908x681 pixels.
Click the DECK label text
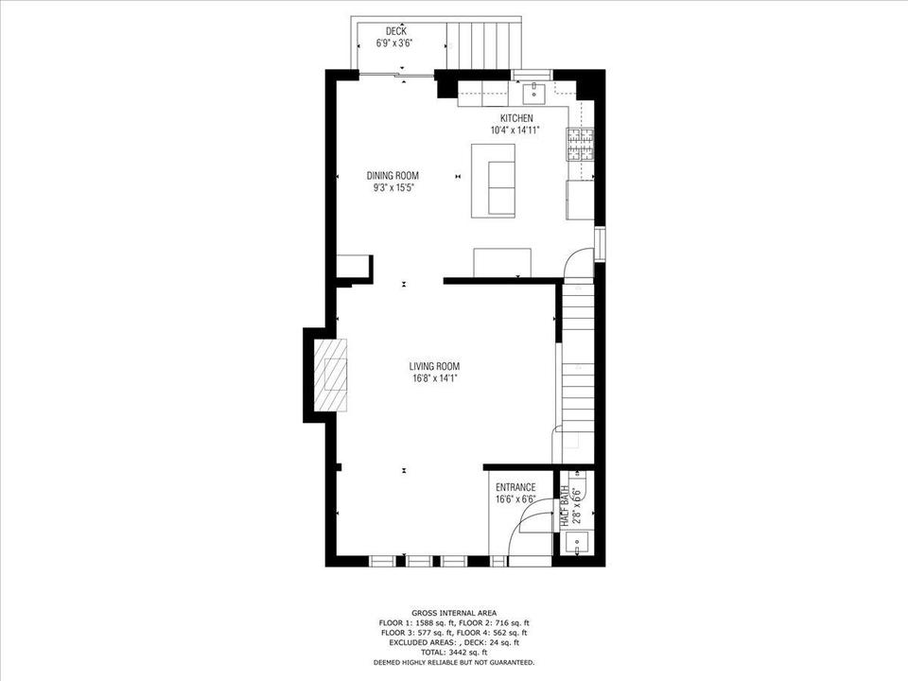(395, 32)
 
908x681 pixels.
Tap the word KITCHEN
(516, 118)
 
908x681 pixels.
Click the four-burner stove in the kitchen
(580, 144)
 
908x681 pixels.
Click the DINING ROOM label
(393, 175)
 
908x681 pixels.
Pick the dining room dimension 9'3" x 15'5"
(393, 187)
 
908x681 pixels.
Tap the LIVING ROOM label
(434, 366)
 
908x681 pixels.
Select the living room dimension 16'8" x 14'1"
(434, 378)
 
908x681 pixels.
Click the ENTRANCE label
(515, 488)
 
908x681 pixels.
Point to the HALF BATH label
(565, 506)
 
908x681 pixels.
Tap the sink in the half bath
(576, 544)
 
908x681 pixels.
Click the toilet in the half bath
(578, 487)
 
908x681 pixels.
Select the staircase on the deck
(483, 44)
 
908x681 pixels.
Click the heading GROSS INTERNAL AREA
(453, 613)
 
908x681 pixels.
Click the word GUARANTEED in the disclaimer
(512, 662)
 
